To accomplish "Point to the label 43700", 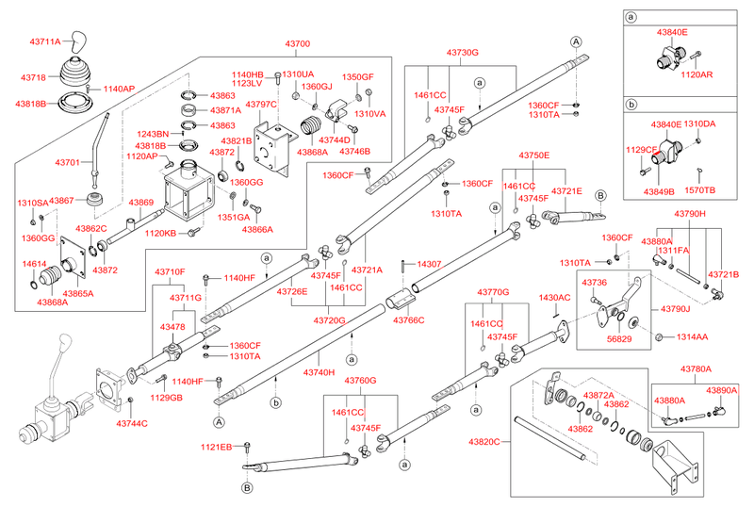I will pyautogui.click(x=297, y=44).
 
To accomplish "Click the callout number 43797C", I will pyautogui.click(x=261, y=105).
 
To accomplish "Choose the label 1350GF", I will pyautogui.click(x=357, y=76).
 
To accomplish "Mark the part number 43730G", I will pyautogui.click(x=463, y=53).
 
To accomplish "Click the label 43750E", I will pyautogui.click(x=533, y=155).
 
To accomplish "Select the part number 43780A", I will pyautogui.click(x=696, y=369).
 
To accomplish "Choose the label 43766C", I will pyautogui.click(x=409, y=320).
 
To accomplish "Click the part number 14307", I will pyautogui.click(x=429, y=264).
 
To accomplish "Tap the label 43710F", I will pyautogui.click(x=170, y=272).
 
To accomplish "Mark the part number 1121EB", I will pyautogui.click(x=216, y=446).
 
